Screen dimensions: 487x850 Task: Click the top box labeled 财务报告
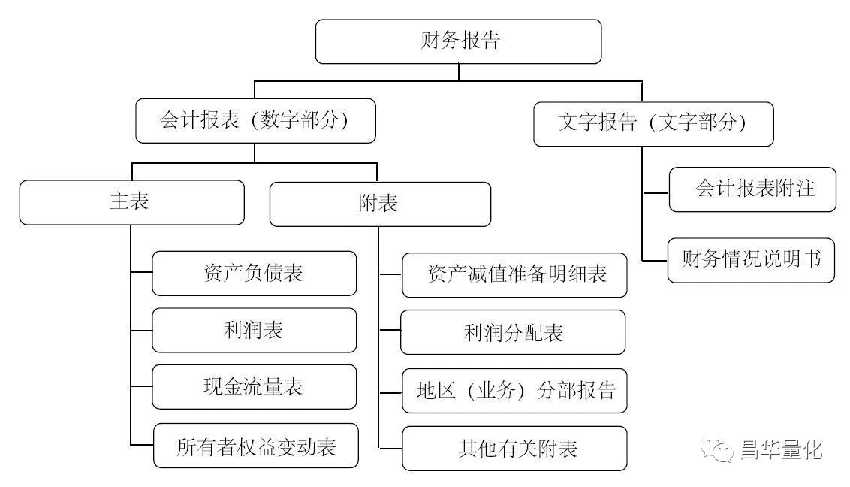coord(458,41)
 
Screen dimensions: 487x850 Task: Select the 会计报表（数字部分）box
coord(255,120)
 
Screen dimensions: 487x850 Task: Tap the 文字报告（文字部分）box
coord(653,123)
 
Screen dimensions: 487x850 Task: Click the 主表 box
coord(131,202)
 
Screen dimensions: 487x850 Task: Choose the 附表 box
coord(380,204)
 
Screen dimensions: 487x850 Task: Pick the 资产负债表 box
coord(254,273)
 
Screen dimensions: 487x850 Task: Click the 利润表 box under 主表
coord(254,330)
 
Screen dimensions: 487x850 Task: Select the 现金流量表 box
coord(254,387)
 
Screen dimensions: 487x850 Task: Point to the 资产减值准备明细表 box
coord(514,274)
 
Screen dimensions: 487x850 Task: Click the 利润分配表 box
coord(513,331)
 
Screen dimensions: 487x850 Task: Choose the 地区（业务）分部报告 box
coord(514,390)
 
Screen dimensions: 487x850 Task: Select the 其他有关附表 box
coord(514,449)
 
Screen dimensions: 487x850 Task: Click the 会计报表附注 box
coord(752,189)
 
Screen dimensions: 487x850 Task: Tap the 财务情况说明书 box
coord(751,260)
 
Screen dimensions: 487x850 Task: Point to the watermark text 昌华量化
coord(781,450)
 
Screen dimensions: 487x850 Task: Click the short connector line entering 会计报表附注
coord(656,192)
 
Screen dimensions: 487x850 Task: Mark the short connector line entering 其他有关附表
coord(390,449)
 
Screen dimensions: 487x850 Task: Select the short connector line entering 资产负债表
coord(141,273)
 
